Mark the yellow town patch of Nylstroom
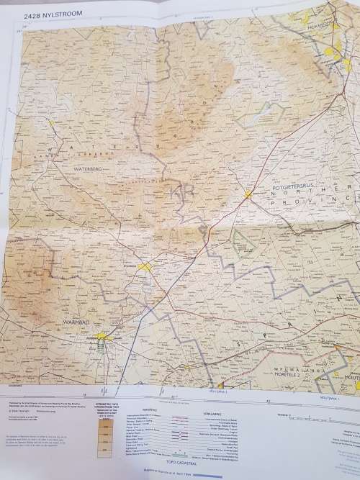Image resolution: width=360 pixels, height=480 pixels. click(x=147, y=267)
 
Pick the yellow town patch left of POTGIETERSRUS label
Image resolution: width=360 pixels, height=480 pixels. click(x=248, y=194)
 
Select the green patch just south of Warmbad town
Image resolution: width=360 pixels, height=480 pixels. click(x=102, y=349)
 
